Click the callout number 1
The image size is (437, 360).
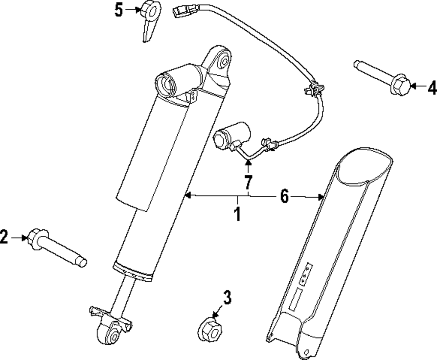click(x=237, y=214)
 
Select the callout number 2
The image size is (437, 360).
click(x=4, y=238)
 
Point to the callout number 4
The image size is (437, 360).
click(x=432, y=87)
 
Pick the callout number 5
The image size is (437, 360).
click(x=119, y=10)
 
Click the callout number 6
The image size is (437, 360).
click(x=284, y=197)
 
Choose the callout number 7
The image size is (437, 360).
click(x=248, y=180)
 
